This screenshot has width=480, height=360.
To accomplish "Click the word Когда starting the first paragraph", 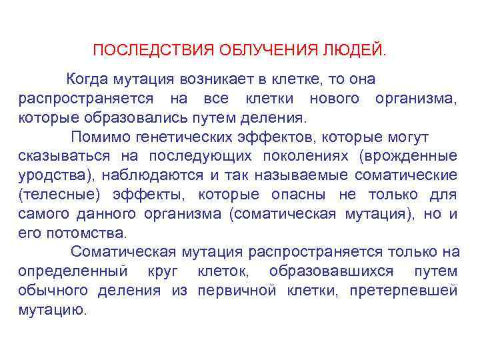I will coord(89,79).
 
